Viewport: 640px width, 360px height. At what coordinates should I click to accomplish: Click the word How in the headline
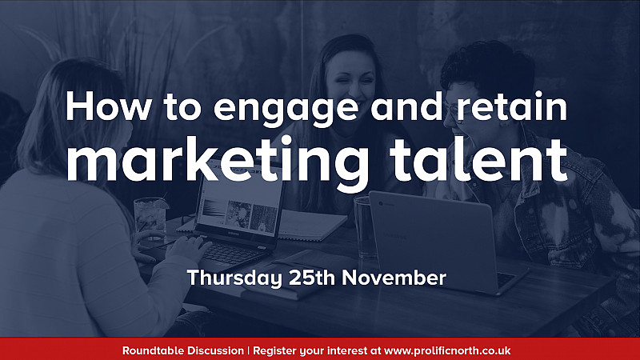(x=108, y=106)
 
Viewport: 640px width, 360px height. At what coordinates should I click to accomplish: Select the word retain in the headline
(x=512, y=106)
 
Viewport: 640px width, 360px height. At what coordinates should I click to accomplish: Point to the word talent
(x=478, y=159)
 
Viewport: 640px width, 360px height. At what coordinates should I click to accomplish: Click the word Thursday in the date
(x=234, y=278)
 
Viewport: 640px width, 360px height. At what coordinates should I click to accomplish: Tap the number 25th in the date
(x=312, y=278)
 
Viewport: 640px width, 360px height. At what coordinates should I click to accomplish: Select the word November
(x=394, y=278)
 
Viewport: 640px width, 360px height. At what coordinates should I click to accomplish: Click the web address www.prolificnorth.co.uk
(x=447, y=351)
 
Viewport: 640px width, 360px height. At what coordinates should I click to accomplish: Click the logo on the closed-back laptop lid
(x=384, y=203)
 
